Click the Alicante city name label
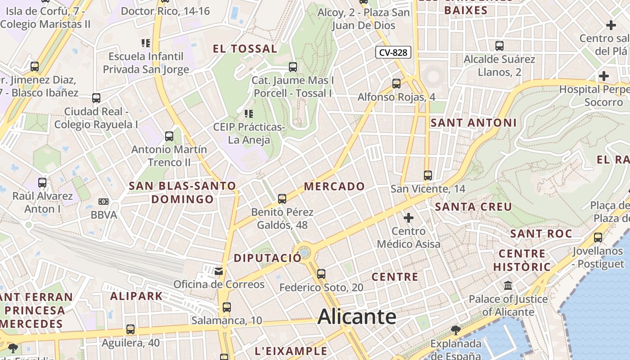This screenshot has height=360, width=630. tap(357, 317)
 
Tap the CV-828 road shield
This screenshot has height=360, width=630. tap(393, 53)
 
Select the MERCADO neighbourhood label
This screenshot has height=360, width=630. tap(334, 186)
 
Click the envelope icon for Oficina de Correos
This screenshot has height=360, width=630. tap(219, 271)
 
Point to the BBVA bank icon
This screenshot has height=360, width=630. tap(103, 202)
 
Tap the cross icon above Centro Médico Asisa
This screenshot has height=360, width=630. tap(409, 218)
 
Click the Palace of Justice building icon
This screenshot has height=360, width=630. tap(508, 286)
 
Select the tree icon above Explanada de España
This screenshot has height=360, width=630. tap(455, 330)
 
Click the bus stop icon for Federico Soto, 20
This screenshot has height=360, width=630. tap(321, 274)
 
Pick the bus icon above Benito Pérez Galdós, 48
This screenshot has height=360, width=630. tap(282, 198)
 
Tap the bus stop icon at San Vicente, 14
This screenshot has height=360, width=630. tap(427, 175)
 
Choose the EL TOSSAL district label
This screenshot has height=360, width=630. tap(245, 49)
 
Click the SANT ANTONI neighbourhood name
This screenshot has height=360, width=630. tap(473, 122)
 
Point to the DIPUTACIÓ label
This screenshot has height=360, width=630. tap(267, 258)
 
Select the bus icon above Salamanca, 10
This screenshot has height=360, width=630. tap(227, 307)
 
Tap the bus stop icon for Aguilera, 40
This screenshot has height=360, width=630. tap(130, 329)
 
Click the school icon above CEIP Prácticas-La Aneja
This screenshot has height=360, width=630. tap(248, 114)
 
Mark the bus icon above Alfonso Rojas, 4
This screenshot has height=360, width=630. tap(396, 84)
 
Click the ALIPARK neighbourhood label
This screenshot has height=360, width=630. tap(136, 296)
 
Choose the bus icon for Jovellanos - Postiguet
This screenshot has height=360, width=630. tap(598, 238)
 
